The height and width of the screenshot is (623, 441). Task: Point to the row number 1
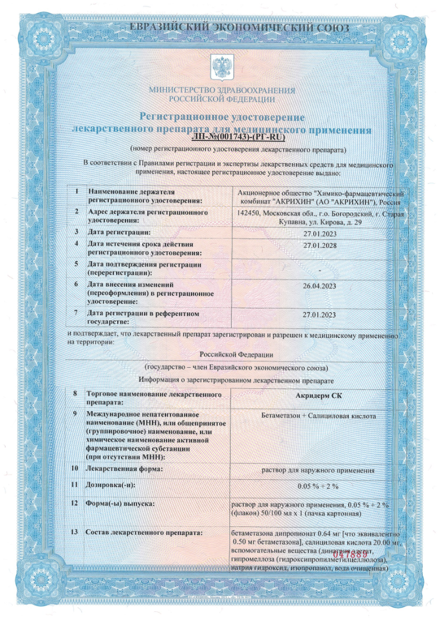76,191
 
